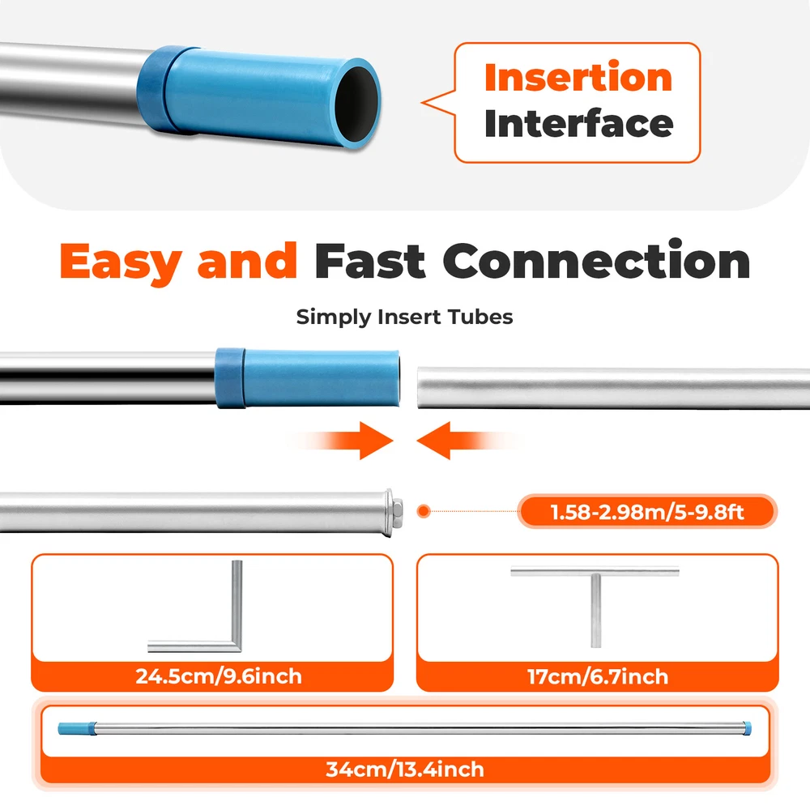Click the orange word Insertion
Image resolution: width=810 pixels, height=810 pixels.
tap(578, 77)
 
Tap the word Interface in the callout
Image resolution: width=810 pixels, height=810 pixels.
tap(578, 123)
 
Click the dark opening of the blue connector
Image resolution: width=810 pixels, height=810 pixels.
tap(357, 104)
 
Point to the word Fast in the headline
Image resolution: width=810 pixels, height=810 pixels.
tap(370, 262)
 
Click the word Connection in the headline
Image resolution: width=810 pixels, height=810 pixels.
tap(596, 260)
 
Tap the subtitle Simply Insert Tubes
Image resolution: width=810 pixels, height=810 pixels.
tap(404, 317)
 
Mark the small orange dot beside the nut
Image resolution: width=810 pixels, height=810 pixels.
tap(424, 511)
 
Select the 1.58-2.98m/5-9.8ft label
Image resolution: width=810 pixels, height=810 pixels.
tap(646, 512)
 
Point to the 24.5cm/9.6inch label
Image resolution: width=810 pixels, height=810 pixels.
tap(219, 676)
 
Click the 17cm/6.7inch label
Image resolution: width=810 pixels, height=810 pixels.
tap(598, 676)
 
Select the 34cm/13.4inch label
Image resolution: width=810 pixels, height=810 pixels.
tap(405, 769)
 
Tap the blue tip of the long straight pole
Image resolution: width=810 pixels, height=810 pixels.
tap(77, 728)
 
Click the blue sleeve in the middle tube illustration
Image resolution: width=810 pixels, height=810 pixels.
tap(307, 378)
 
